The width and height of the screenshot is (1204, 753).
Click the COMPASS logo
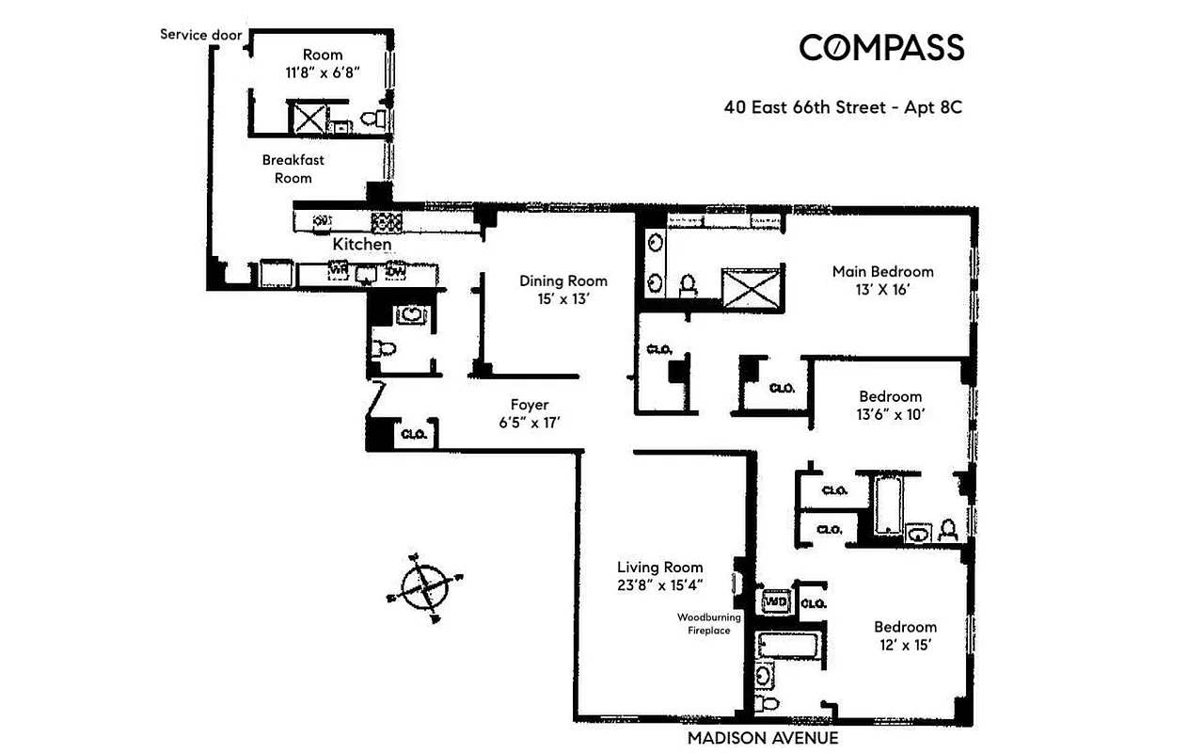[881, 47]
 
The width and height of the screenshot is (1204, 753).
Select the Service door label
[200, 35]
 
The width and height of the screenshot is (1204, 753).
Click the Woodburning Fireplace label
[709, 624]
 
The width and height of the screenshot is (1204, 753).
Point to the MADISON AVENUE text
[762, 739]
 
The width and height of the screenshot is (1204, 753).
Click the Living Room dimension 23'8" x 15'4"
[659, 585]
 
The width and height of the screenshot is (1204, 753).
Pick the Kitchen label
[362, 245]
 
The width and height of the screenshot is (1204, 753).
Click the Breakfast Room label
[293, 168]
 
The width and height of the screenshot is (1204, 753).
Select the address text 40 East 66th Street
[805, 107]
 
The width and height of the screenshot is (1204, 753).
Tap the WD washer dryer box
[776, 601]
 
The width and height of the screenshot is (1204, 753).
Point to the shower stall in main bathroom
[751, 288]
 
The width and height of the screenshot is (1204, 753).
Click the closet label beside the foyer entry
[415, 435]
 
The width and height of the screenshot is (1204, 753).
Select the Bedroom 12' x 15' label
[905, 635]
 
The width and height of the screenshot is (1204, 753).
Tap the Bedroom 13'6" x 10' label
[890, 405]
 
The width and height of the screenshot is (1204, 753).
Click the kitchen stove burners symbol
[386, 222]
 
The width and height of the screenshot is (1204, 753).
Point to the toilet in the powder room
[384, 348]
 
